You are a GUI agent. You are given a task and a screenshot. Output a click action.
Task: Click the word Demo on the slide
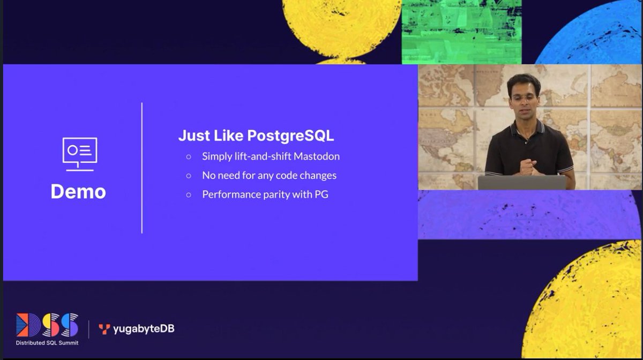click(x=78, y=192)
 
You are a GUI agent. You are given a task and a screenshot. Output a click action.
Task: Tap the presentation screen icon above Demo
click(x=79, y=154)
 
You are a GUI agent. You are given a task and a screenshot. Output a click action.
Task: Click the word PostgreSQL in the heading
click(x=290, y=136)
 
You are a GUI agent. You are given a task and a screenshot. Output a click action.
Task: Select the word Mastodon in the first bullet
click(x=316, y=156)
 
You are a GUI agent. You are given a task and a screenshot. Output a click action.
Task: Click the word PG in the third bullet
click(x=321, y=194)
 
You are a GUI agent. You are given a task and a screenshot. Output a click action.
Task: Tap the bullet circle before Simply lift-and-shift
click(x=189, y=157)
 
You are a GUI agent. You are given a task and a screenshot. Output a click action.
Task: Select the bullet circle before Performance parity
click(x=189, y=195)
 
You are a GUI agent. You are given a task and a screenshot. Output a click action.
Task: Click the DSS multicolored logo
click(x=47, y=325)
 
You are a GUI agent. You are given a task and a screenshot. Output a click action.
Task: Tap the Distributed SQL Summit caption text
click(x=47, y=342)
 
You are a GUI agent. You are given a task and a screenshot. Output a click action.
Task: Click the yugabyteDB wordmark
click(x=143, y=329)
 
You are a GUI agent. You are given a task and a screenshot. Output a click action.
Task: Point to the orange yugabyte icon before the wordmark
click(x=104, y=329)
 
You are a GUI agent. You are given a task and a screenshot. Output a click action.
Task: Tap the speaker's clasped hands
click(x=527, y=166)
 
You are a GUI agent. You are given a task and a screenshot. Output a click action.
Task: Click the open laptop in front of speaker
click(x=522, y=183)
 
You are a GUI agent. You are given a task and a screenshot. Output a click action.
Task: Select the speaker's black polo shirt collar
click(x=527, y=127)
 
